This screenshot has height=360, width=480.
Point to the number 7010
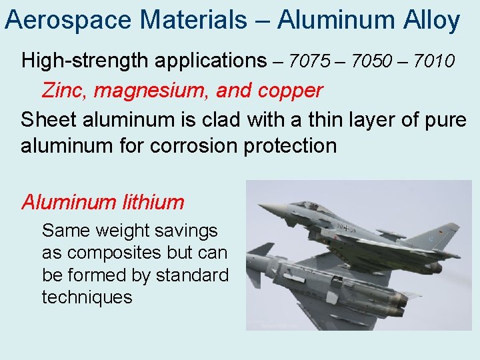click(434, 61)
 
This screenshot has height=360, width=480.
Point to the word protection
click(291, 145)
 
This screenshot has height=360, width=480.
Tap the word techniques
click(87, 297)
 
